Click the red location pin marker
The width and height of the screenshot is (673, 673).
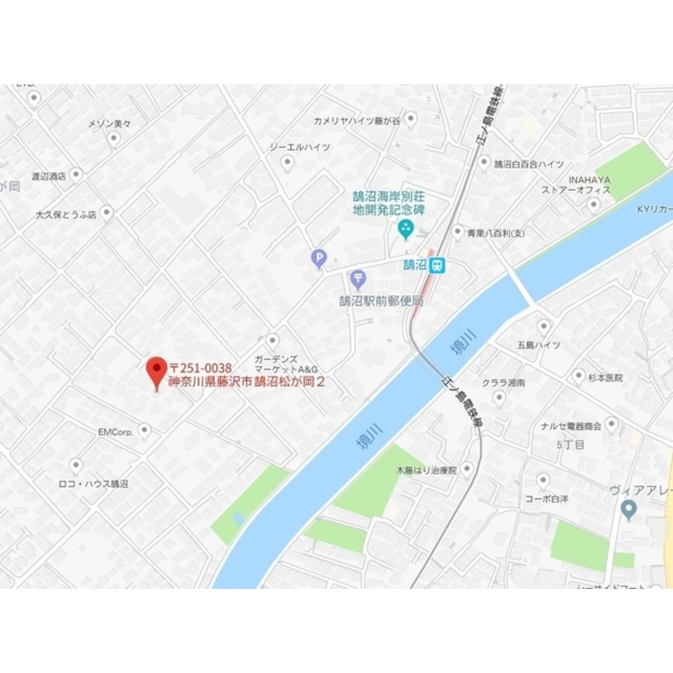(x=157, y=370)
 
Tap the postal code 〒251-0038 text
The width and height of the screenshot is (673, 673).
(x=201, y=367)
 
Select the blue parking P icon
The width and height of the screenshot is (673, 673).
(x=318, y=258)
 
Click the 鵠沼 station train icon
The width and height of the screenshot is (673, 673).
(x=438, y=265)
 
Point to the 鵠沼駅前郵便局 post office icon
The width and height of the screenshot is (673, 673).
(x=358, y=279)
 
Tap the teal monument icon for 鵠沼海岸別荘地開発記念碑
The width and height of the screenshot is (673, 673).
(x=406, y=229)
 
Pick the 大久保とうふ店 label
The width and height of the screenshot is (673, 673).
(x=66, y=215)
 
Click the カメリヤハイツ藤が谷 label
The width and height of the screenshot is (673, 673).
(x=356, y=120)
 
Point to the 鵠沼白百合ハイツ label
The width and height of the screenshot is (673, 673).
(x=529, y=164)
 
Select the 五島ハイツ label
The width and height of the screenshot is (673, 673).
(x=538, y=345)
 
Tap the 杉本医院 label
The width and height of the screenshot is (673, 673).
(x=604, y=378)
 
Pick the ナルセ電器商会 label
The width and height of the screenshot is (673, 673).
(x=571, y=426)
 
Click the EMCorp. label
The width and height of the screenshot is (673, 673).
(x=115, y=431)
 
